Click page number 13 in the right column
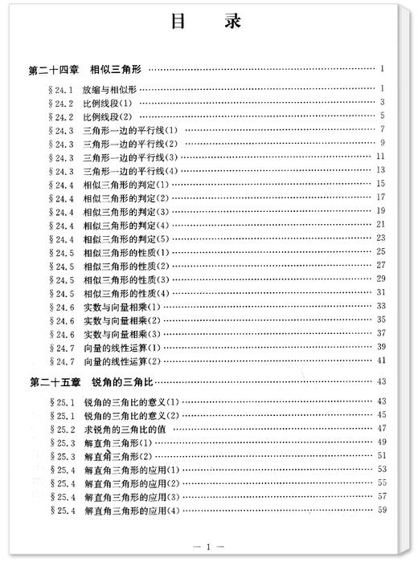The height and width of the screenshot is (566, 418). click(382, 170)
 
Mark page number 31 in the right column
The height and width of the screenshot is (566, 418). click(382, 292)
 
